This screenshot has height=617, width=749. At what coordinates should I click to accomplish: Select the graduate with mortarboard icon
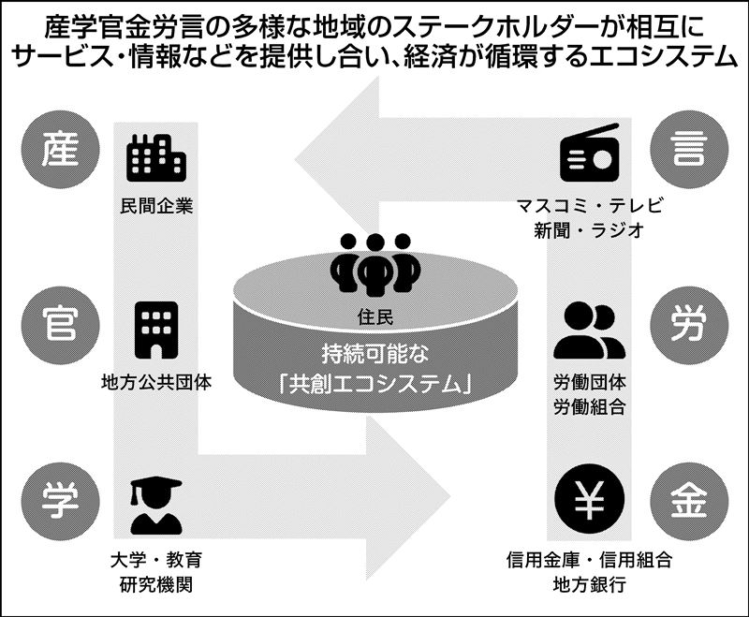tap(155, 506)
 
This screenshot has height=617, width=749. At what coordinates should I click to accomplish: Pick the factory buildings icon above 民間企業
tap(155, 156)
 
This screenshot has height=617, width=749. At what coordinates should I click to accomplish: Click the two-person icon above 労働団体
tap(590, 330)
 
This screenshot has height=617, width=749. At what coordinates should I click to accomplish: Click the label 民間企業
tap(156, 206)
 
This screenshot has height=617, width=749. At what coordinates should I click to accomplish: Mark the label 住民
tap(374, 316)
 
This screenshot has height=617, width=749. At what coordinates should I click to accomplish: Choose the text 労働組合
tap(590, 406)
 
